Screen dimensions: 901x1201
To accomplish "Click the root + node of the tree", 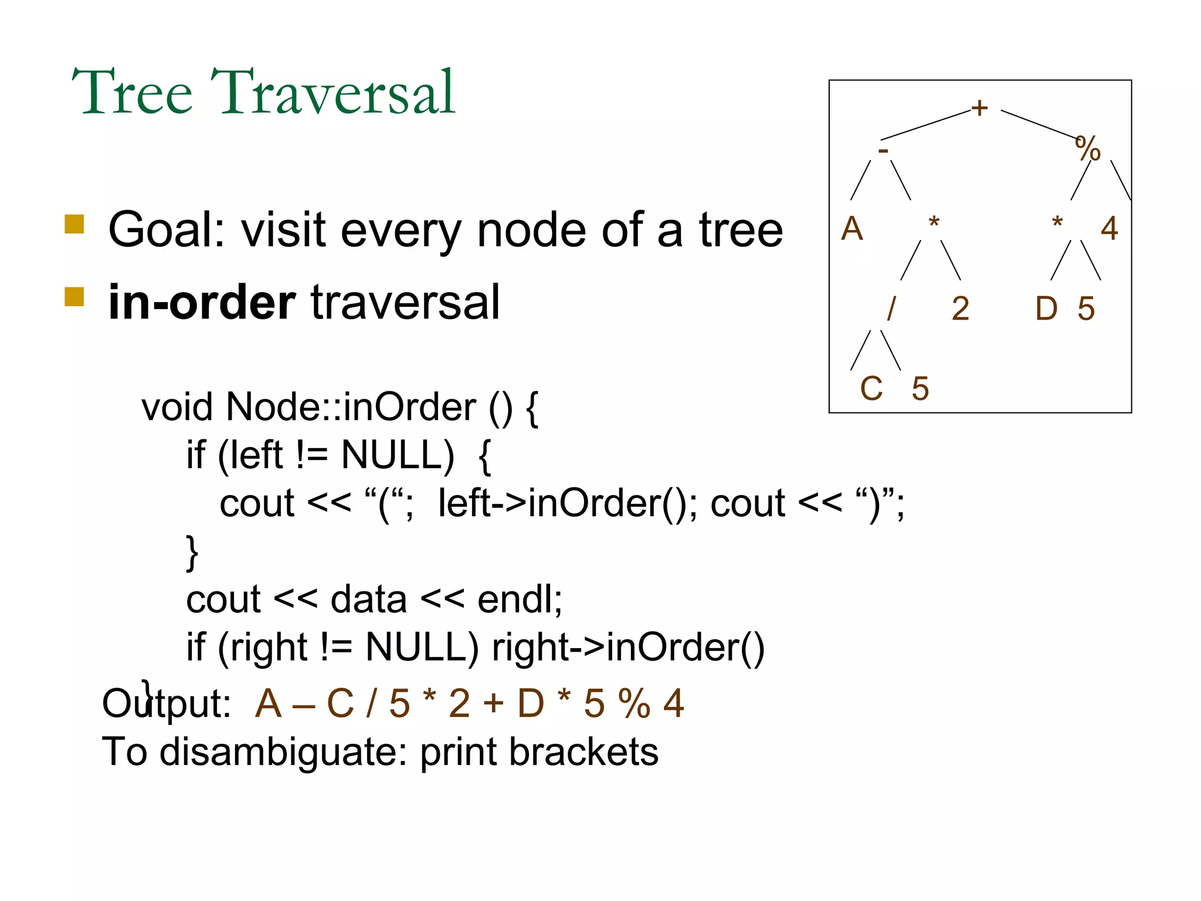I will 979,108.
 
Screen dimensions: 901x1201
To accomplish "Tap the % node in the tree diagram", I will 1088,148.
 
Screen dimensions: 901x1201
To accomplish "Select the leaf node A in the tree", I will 852,229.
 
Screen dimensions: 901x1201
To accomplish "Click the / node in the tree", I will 891,309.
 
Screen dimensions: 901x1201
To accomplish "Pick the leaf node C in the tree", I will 871,389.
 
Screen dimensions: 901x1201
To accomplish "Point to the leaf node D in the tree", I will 1047,309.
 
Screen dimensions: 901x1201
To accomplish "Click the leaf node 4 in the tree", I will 1109,229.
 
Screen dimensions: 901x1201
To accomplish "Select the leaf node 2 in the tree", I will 961,309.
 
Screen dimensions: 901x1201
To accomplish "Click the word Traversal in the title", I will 333,93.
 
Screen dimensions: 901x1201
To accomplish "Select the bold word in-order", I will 202,303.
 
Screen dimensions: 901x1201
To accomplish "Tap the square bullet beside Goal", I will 74,224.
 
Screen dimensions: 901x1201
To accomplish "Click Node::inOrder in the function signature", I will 351,407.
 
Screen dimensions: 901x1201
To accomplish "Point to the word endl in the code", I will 519,599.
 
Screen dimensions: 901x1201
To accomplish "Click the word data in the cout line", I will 368,599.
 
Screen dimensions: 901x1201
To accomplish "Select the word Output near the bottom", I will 166,703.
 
